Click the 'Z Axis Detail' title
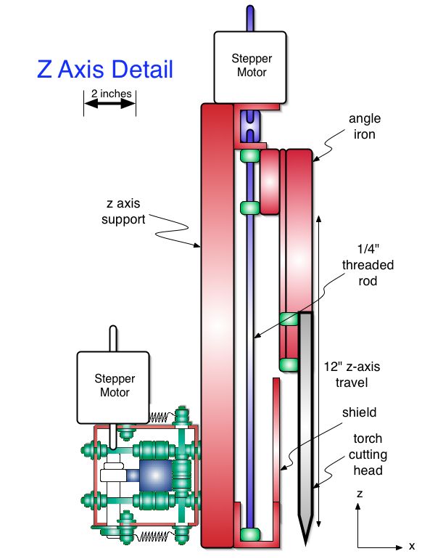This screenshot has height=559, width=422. coord(105,69)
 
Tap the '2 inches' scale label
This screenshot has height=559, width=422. coord(111,94)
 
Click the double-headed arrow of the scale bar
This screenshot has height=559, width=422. coord(110,104)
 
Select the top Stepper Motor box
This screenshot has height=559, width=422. coord(250,68)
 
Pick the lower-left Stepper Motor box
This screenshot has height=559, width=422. coord(113,388)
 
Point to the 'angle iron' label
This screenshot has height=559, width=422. coord(365,126)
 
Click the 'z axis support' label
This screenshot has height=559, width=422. coord(123,211)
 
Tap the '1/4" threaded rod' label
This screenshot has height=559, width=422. coord(368,265)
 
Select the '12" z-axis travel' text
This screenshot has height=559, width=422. coord(352,375)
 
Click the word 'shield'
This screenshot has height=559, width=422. coord(360,412)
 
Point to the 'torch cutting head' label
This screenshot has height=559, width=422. coord(368,454)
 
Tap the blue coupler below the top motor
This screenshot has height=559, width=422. coord(250,126)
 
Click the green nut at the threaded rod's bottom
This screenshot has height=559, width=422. coord(249,535)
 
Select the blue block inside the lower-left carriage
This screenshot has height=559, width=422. coord(155,476)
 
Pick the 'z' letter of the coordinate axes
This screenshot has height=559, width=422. coord(360,494)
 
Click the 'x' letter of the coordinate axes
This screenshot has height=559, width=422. coord(412,546)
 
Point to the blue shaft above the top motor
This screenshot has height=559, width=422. coord(250,19)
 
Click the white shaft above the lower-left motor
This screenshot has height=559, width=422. coord(113,339)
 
